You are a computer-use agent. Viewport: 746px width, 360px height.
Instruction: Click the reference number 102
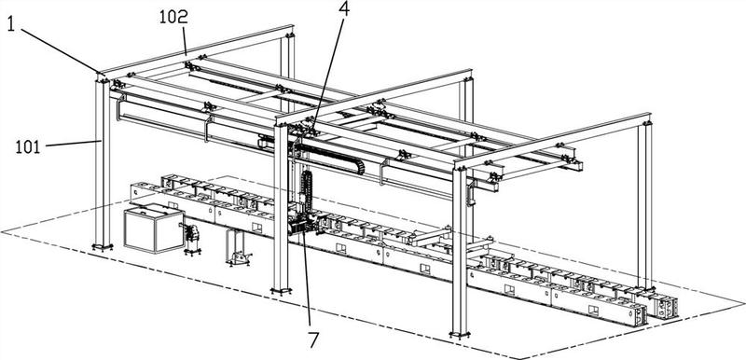[173, 18]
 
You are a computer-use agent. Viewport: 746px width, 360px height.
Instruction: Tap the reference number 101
[28, 147]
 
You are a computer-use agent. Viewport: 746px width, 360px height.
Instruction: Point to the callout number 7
[313, 339]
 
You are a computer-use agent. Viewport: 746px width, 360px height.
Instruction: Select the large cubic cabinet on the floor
[154, 228]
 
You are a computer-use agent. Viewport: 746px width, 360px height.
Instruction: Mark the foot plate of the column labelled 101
[103, 247]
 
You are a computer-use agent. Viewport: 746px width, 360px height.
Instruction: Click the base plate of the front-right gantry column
[460, 334]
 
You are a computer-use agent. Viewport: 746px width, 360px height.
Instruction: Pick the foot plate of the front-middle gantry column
[281, 290]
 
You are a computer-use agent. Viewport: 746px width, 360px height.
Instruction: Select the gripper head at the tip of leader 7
[300, 224]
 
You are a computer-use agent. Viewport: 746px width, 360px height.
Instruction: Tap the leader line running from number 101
[74, 144]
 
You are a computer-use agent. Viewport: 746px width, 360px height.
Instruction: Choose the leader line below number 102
[184, 41]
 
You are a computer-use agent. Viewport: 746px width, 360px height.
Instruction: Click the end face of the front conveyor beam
[639, 315]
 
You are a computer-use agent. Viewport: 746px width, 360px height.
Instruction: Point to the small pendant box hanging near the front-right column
[472, 195]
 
